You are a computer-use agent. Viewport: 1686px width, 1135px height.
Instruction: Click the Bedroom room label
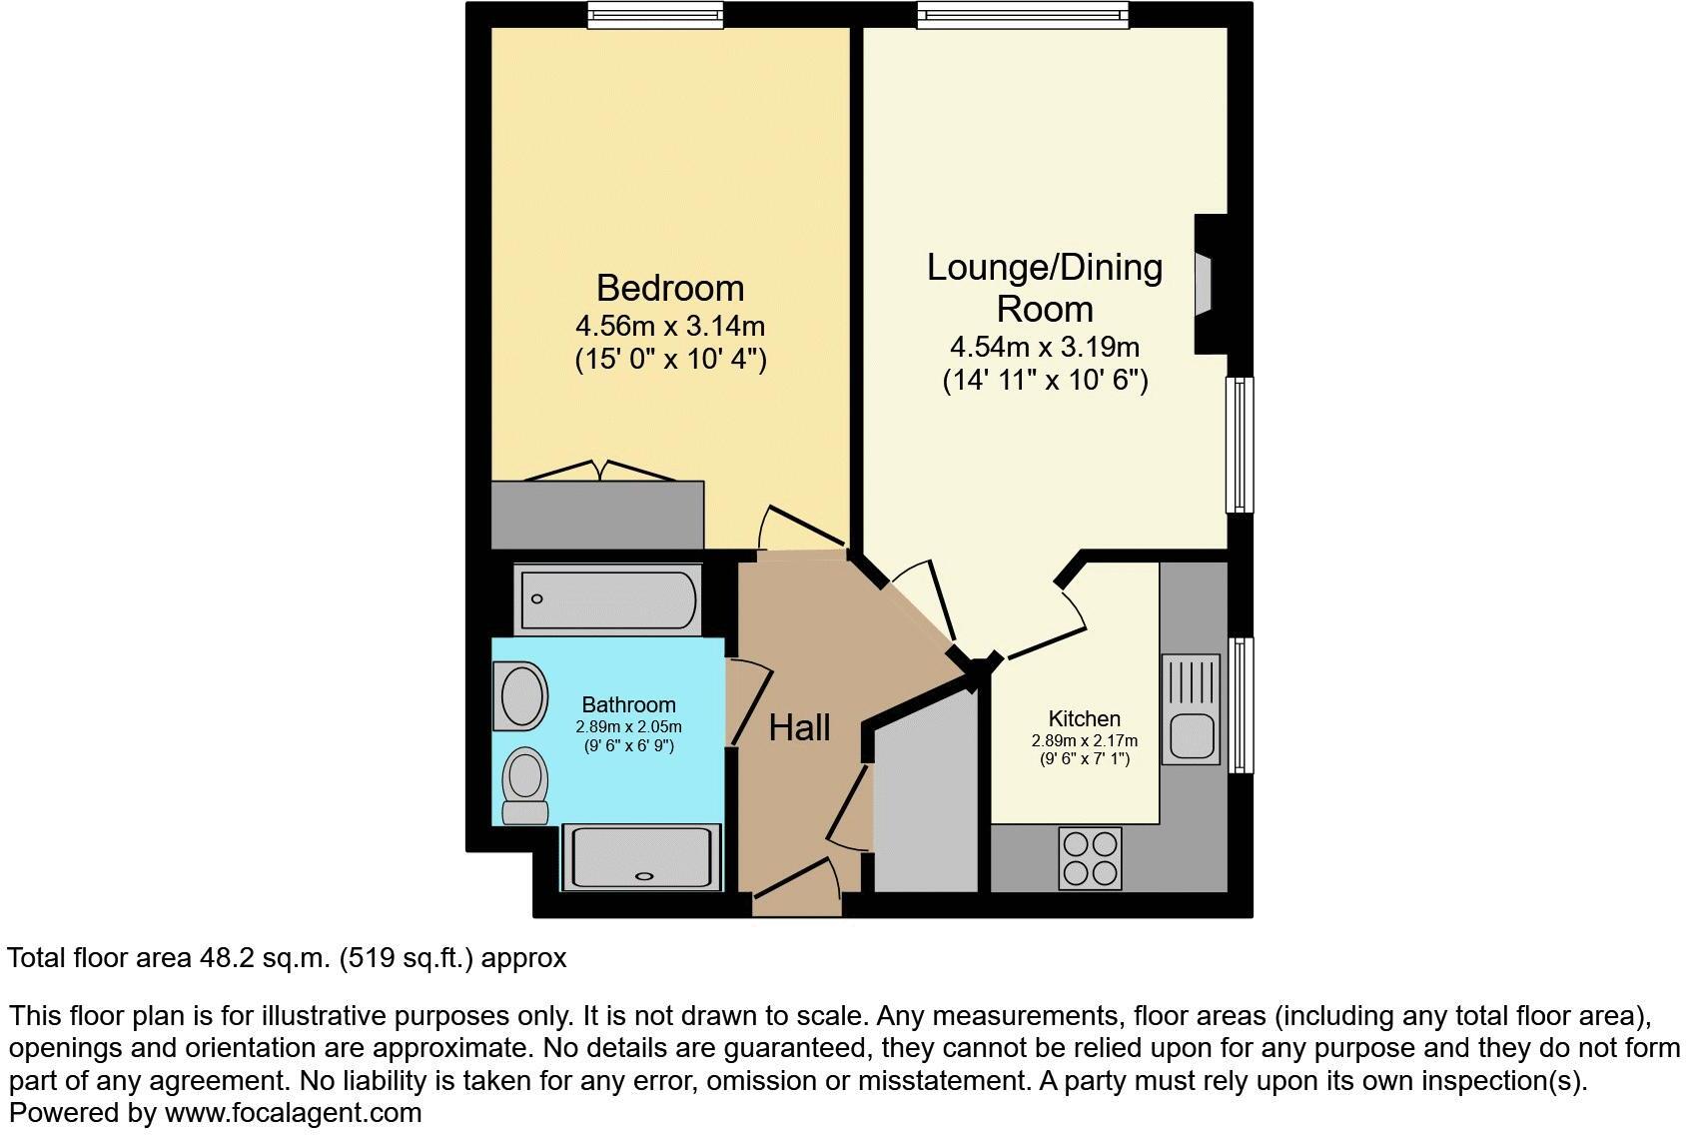(x=670, y=288)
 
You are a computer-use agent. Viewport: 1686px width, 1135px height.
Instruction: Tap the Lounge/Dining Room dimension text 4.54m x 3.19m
(x=1044, y=348)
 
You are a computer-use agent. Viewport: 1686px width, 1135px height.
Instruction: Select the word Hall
(x=799, y=727)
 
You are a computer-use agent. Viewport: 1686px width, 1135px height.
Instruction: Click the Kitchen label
(x=1084, y=718)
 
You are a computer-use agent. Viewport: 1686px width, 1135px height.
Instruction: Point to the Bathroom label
(x=628, y=704)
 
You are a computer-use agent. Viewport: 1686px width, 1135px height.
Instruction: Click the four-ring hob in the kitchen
(x=1090, y=858)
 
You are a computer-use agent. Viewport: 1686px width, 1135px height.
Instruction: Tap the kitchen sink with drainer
(x=1191, y=709)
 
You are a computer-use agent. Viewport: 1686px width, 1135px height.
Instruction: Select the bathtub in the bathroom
(x=607, y=599)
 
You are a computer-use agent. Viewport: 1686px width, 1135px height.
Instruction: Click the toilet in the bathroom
(x=524, y=785)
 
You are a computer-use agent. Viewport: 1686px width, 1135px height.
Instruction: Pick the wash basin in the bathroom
(x=523, y=696)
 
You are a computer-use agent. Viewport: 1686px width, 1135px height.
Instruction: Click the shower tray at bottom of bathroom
(x=640, y=857)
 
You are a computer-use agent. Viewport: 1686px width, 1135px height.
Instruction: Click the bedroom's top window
(x=655, y=14)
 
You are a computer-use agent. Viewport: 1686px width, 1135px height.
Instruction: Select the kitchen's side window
(x=1241, y=704)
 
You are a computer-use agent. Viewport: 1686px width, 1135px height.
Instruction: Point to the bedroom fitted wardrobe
(x=597, y=515)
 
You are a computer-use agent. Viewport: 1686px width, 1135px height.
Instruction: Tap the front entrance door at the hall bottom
(x=796, y=898)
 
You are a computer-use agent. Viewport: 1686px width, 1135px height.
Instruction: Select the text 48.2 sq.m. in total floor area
(x=262, y=958)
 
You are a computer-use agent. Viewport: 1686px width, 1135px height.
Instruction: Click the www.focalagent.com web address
(x=293, y=1112)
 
